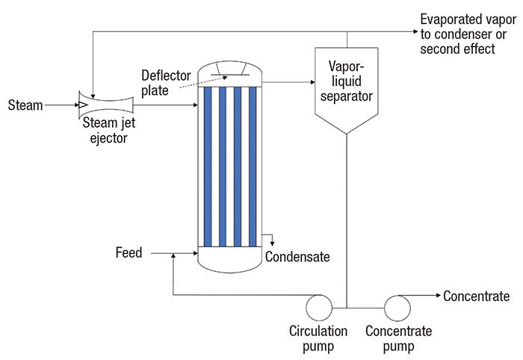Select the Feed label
[129, 254]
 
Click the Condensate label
[297, 258]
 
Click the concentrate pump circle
[395, 306]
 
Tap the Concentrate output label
[476, 297]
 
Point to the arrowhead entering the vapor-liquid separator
[311, 82]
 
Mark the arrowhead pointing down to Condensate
[273, 243]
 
